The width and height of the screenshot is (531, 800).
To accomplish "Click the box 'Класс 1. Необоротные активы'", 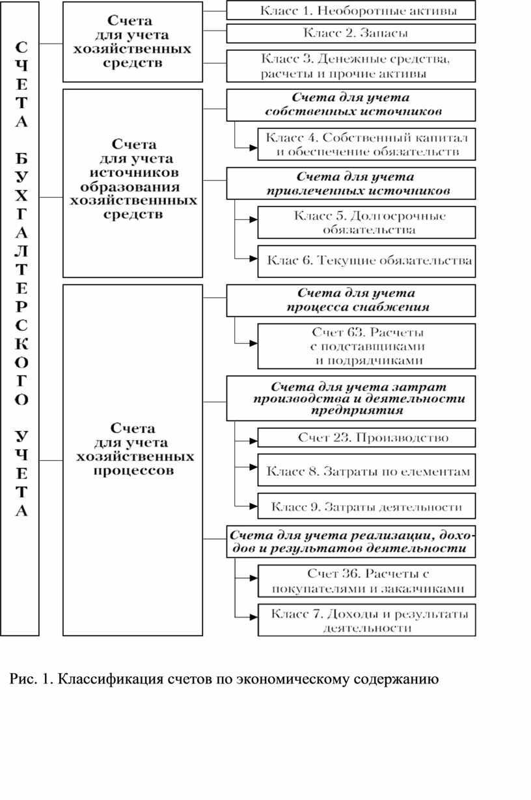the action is pos(351,10).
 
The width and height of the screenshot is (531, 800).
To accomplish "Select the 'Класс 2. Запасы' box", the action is pos(351,33).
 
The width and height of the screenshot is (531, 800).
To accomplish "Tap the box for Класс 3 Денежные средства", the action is pos(351,66).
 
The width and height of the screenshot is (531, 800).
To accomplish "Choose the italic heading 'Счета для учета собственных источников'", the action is pos(351,105).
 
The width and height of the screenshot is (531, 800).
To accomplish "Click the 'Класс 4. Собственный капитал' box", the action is pos(366,145).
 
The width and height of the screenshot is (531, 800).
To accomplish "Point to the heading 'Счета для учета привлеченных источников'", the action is pos(351,183).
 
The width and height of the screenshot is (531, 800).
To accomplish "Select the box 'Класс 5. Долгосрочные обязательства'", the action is pos(366,222).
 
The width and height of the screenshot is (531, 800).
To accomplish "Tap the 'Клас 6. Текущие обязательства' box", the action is pos(366,261).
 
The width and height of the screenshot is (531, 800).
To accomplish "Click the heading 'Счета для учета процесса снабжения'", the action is pos(351,300).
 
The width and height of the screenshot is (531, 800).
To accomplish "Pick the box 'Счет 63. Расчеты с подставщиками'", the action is pos(366,346).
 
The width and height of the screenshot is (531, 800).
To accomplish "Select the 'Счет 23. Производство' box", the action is pos(366,437).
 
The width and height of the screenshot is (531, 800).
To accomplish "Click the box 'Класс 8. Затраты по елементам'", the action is pos(366,470).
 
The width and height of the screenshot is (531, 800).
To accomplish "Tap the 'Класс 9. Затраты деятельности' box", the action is pos(366,506).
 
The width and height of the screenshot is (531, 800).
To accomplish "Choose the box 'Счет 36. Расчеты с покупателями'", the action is pos(366,581).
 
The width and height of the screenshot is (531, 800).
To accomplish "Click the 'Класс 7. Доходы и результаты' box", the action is pos(366,620).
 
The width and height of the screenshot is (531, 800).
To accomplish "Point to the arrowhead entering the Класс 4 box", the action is pos(254,148).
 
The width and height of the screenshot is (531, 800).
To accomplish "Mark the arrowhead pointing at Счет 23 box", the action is pos(254,441).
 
